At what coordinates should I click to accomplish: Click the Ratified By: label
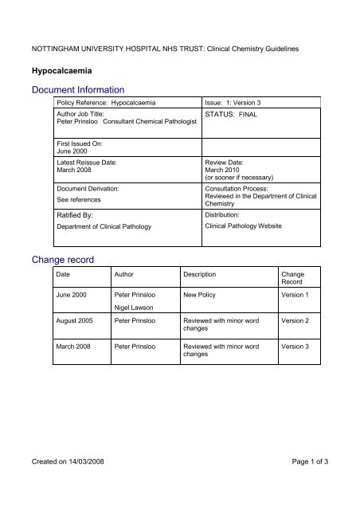pyautogui.click(x=73, y=214)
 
